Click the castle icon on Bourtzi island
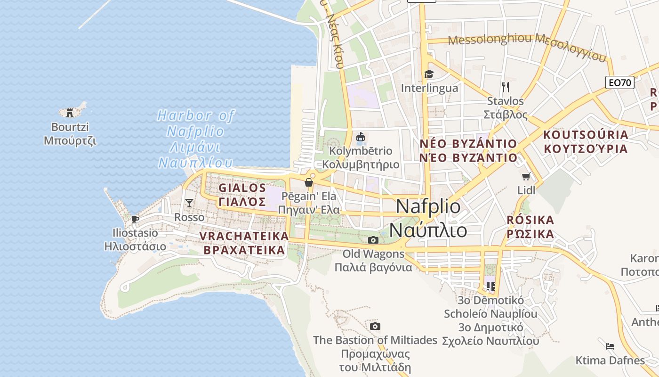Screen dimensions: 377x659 pos(70,112)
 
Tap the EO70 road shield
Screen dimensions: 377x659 pos(619,83)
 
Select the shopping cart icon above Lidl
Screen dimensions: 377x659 pos(526,177)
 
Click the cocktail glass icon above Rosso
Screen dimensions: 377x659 pos(189,203)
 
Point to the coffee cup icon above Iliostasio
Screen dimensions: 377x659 pos(135,219)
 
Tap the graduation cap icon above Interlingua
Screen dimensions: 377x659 pos(429,74)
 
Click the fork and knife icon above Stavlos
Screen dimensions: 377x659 pos(506,87)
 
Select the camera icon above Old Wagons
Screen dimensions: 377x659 pos(373,240)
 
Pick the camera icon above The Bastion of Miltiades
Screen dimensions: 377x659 pos(375,326)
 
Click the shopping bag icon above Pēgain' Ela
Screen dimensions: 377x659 pos(309,182)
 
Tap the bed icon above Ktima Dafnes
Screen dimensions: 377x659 pos(610,346)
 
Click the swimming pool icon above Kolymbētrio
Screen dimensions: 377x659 pos(361,137)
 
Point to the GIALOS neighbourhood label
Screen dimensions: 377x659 pos(242,188)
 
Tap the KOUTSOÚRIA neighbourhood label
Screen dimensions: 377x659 pos(586,135)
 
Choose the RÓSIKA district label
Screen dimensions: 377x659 pos(530,220)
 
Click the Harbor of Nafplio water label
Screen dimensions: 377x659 pos(196,115)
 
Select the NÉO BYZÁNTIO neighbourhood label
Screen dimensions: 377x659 pos(468,143)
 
